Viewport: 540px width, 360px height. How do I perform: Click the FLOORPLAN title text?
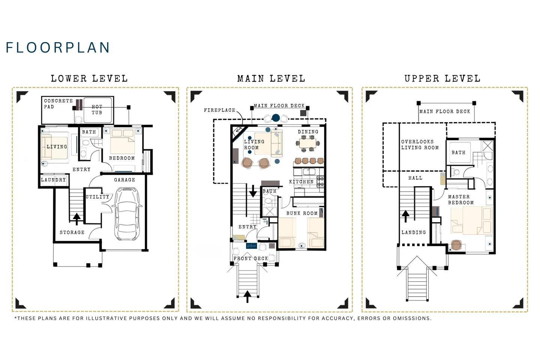[58, 48]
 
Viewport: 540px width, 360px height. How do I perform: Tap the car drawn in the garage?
[127, 214]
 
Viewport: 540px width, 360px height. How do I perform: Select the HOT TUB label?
[97, 110]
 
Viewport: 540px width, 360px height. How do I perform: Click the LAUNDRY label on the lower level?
[53, 180]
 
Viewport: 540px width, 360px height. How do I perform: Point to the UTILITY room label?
[97, 197]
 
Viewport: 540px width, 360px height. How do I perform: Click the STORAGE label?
[72, 232]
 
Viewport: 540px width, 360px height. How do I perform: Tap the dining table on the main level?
[308, 144]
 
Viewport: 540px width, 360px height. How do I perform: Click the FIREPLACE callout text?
[219, 110]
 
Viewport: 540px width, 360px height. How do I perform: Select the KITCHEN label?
[301, 182]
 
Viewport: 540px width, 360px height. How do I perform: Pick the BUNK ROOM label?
[302, 213]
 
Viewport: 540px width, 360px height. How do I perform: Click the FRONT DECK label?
[251, 258]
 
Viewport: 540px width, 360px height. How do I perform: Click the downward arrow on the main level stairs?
[253, 191]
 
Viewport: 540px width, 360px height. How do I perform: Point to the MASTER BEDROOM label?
[460, 199]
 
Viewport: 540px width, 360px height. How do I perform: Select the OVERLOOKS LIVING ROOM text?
[420, 145]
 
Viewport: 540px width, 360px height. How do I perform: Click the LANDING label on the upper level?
[414, 232]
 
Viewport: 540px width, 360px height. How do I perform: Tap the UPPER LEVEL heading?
[442, 79]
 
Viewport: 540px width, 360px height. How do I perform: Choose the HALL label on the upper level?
[415, 178]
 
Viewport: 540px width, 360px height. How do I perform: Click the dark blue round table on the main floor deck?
[276, 118]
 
